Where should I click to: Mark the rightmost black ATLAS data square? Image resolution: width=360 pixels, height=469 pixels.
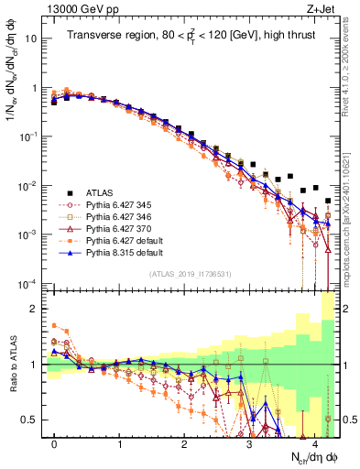tap(328, 200)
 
